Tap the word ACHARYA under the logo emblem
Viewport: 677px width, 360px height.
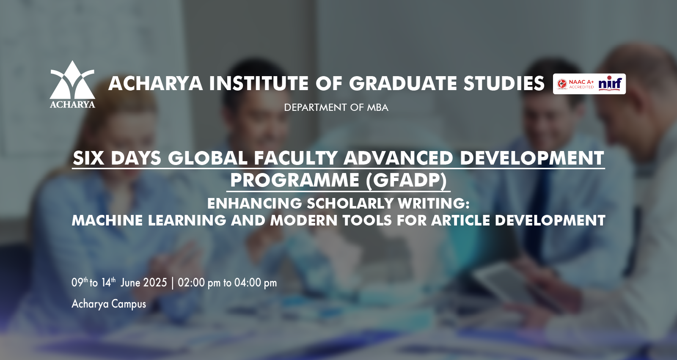72,104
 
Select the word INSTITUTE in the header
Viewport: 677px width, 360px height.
259,83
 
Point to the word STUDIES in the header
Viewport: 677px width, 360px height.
504,83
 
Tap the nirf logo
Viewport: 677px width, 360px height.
610,83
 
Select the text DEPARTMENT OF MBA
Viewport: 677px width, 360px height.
336,107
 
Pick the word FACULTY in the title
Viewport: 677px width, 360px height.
296,158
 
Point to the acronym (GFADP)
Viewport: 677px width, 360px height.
406,181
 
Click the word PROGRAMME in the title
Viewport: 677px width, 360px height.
294,180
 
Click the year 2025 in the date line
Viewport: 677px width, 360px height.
155,283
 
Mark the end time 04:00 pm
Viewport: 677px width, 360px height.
256,283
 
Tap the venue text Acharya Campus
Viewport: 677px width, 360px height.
109,304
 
